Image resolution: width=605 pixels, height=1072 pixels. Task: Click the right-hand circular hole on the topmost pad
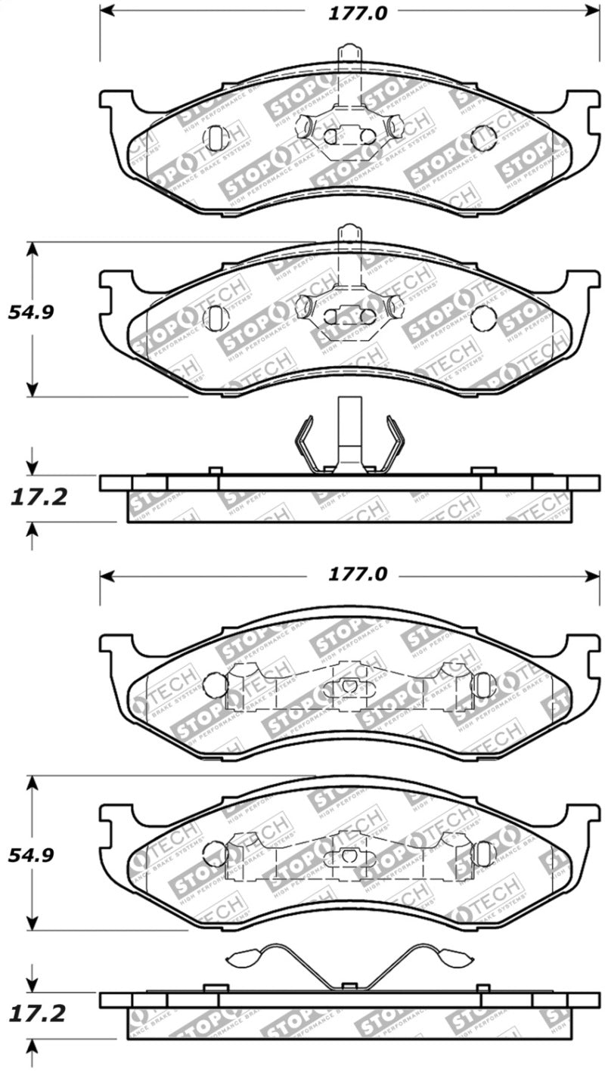click(483, 138)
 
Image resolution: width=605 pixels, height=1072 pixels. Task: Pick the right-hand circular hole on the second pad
click(483, 318)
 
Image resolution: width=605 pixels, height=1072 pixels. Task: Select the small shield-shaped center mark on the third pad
click(349, 686)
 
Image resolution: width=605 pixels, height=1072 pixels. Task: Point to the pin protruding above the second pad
click(349, 236)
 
